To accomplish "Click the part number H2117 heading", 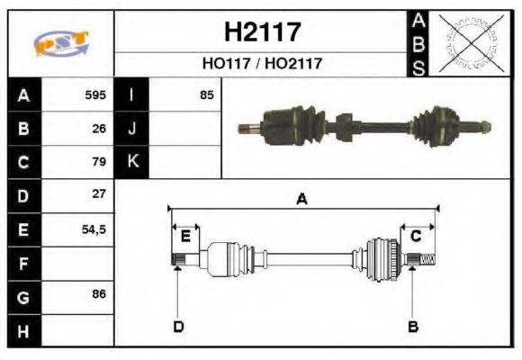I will click(261, 32).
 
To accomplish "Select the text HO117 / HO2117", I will click(261, 64).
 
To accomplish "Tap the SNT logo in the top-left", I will click(61, 43).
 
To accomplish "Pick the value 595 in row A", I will click(95, 94).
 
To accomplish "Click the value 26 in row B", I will click(100, 128).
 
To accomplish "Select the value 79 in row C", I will click(100, 162).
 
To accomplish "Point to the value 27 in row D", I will click(100, 194).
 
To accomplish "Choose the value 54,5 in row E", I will click(94, 229).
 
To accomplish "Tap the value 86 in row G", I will click(100, 294).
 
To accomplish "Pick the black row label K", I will click(132, 162).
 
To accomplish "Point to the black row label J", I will click(132, 128).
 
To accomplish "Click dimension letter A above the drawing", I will click(302, 200).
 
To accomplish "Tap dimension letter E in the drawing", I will click(185, 236).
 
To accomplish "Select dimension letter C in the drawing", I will click(417, 236).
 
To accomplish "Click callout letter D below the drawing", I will click(177, 326).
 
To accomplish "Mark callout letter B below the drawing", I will click(413, 326).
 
